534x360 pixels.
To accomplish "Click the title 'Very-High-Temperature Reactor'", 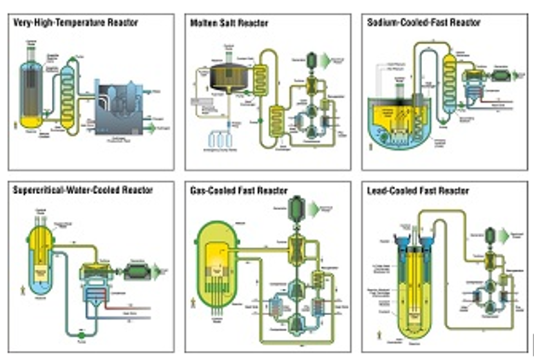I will [76, 22].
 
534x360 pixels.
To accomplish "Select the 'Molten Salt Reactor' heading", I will [229, 23].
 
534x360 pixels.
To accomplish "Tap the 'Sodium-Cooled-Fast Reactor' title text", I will [424, 22].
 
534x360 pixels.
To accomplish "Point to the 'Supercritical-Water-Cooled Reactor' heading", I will [83, 189].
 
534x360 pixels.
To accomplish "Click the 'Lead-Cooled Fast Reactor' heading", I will [419, 190].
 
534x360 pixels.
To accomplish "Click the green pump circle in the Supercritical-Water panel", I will [81, 336].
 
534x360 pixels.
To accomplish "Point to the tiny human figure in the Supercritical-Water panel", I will [23, 290].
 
